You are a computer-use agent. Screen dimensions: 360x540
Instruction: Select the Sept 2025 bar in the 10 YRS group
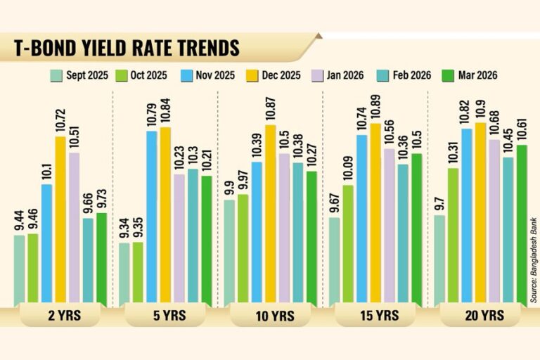(x=229, y=253)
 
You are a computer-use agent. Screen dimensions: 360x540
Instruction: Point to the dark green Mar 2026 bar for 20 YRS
(x=522, y=226)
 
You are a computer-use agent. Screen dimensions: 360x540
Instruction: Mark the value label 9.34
(x=124, y=228)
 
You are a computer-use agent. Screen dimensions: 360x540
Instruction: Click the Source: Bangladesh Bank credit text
(x=534, y=259)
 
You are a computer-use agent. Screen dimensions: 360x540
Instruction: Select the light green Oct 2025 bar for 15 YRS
(x=348, y=246)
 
